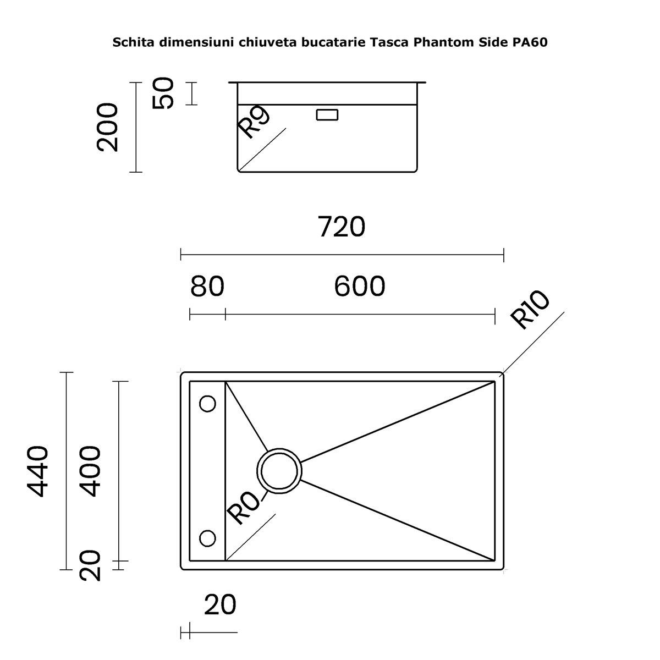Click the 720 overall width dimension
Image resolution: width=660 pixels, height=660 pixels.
pos(342,227)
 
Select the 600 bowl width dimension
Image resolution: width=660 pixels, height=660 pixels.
pos(360,287)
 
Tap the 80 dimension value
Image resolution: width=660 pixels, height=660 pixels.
pos(207,287)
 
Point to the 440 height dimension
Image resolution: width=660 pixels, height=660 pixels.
pos(38,471)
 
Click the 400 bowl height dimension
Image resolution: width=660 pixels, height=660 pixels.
pos(90,471)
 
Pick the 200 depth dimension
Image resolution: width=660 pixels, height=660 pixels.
pos(107,127)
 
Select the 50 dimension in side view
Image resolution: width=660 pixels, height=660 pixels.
pos(163,93)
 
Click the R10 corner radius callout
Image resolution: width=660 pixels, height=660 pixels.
pos(530,309)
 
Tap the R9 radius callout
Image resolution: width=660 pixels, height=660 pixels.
pos(254,122)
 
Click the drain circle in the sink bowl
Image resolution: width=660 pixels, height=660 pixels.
pos(279,471)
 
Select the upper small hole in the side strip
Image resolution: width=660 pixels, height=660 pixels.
pos(207,404)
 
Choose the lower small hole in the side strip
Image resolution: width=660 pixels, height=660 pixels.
pos(207,538)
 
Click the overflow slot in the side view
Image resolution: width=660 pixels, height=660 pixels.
pos(327,115)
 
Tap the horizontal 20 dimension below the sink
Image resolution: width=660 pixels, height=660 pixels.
pos(220,605)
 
